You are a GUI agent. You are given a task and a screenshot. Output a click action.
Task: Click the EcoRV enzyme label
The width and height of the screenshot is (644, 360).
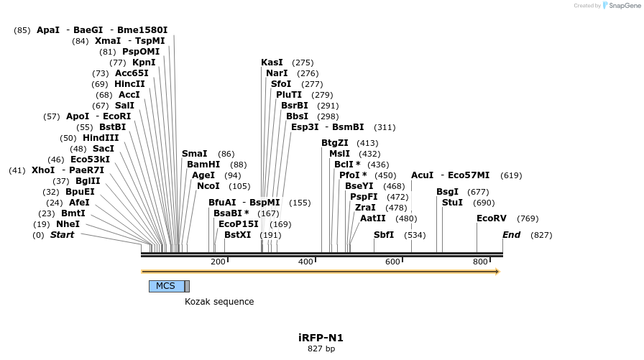pos(492,218)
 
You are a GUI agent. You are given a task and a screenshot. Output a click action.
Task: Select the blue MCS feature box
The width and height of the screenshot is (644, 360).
pos(166,286)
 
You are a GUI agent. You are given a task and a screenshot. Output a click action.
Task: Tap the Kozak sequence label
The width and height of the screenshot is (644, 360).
pos(219,302)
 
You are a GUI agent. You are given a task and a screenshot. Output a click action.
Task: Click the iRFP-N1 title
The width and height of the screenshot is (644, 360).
pos(321,338)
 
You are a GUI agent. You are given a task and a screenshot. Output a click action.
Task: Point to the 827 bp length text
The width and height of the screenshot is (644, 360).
pos(321,349)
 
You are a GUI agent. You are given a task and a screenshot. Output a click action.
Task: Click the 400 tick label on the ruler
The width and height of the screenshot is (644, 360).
pos(305,262)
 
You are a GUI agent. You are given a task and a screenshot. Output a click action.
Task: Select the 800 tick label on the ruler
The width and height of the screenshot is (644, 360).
pos(480,262)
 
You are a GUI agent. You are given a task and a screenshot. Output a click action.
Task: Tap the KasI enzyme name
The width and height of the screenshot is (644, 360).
pos(272,63)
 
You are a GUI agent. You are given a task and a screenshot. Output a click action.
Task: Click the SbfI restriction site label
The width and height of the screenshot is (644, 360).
pos(384,235)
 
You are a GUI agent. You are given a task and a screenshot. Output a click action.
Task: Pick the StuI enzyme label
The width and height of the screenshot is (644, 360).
pos(453,203)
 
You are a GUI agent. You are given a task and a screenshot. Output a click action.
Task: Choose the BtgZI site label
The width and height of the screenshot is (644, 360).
pos(335,143)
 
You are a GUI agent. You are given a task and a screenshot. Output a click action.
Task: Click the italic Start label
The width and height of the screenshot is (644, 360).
pos(62,235)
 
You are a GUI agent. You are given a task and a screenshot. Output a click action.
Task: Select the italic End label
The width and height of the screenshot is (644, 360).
pos(512,235)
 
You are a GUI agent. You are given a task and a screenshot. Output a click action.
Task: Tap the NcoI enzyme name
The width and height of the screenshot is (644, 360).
pos(208,186)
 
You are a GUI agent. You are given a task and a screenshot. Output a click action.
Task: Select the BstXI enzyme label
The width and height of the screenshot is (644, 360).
pos(238,235)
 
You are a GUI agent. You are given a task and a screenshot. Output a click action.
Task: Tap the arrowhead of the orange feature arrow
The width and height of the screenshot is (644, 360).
pos(496,272)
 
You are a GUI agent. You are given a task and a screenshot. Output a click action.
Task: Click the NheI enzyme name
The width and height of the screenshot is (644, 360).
pos(68,224)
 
